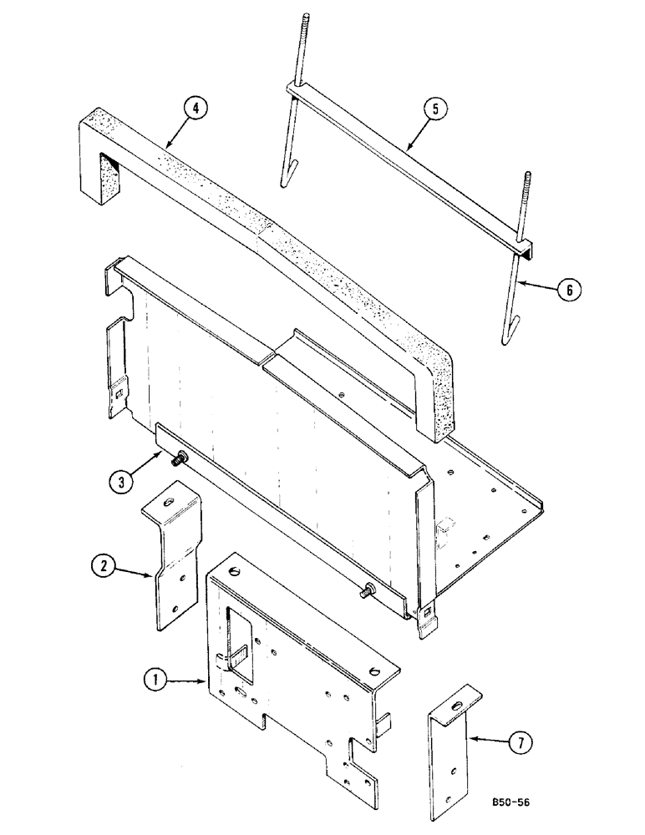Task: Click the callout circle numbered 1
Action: pos(154,681)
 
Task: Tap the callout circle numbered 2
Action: pos(103,567)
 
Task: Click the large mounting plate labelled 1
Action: pos(309,668)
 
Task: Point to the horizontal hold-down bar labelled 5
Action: pos(409,167)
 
